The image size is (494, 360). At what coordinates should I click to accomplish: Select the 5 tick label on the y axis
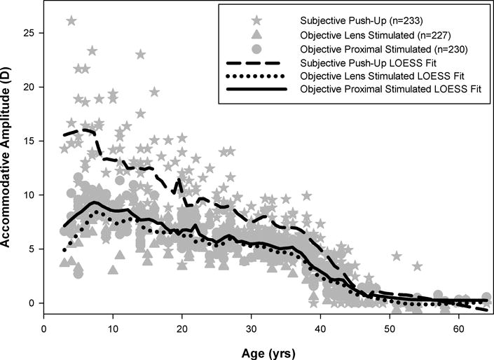coord(32,249)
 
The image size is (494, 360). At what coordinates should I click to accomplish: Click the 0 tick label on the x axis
coord(44,328)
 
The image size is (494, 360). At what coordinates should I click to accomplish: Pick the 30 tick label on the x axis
coord(251,328)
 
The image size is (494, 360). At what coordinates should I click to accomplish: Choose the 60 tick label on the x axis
coord(458,328)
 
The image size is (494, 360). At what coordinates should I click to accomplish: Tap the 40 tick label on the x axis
coord(320,328)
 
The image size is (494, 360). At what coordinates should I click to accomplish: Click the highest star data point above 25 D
coord(71,21)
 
